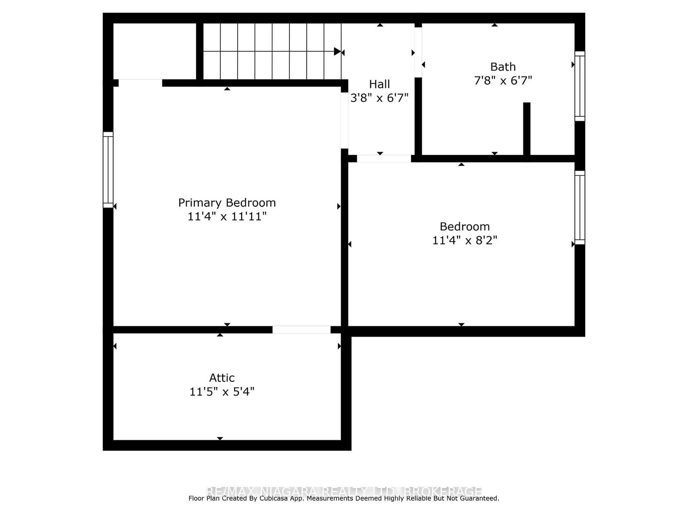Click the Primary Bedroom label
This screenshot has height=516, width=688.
pyautogui.click(x=227, y=203)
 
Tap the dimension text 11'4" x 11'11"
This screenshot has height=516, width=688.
pyautogui.click(x=227, y=216)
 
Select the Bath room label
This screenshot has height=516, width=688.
pyautogui.click(x=503, y=67)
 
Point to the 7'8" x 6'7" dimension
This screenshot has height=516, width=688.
pyautogui.click(x=503, y=80)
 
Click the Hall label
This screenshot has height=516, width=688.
pyautogui.click(x=379, y=84)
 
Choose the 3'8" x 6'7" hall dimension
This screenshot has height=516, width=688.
pyautogui.click(x=379, y=98)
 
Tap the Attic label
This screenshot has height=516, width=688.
pyautogui.click(x=222, y=378)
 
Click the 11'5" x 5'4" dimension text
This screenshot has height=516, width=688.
pyautogui.click(x=222, y=392)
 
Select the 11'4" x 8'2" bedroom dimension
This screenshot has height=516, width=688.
pyautogui.click(x=464, y=240)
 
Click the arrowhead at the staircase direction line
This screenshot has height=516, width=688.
pyautogui.click(x=338, y=52)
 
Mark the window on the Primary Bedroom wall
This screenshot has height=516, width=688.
pyautogui.click(x=108, y=170)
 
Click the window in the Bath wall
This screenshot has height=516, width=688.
pyautogui.click(x=580, y=86)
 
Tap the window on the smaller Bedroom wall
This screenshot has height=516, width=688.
pyautogui.click(x=580, y=208)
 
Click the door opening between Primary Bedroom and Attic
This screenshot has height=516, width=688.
pyautogui.click(x=301, y=330)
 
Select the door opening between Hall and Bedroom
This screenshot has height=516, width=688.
pyautogui.click(x=384, y=159)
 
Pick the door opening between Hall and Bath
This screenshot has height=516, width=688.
pyautogui.click(x=418, y=52)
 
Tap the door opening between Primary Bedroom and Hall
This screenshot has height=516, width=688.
pyautogui.click(x=344, y=120)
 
